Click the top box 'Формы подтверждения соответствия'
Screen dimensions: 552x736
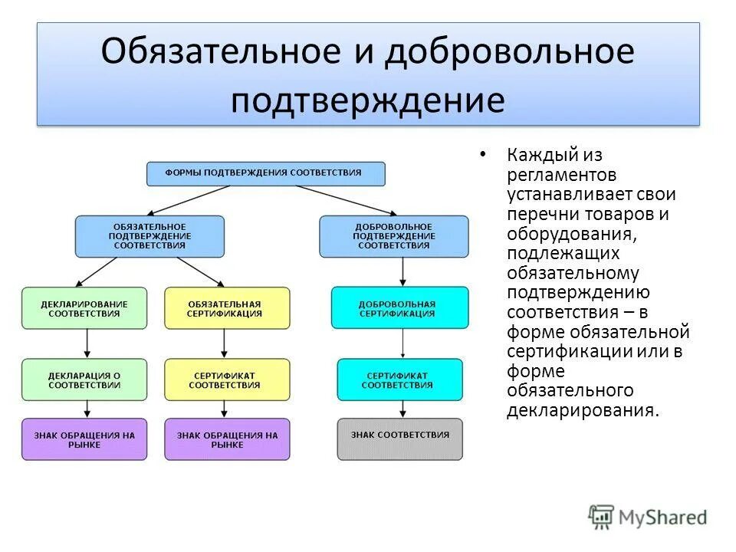pos(266,173)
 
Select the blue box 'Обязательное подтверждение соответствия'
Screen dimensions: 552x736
pos(149,236)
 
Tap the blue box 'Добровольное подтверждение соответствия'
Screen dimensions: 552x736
pos(393,236)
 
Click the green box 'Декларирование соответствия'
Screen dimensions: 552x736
pos(84,308)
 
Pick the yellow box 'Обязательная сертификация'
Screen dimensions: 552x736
pos(227,308)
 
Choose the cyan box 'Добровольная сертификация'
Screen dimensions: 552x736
pos(399,308)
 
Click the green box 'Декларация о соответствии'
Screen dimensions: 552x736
pos(84,380)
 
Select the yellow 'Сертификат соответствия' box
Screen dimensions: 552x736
pos(227,380)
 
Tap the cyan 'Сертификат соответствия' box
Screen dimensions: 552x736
pos(399,380)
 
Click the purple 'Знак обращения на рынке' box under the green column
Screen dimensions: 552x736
pos(84,439)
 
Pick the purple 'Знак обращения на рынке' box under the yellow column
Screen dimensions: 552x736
pos(227,439)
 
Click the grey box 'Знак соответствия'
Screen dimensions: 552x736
pos(399,439)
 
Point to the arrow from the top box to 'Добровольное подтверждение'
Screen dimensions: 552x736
pos(353,200)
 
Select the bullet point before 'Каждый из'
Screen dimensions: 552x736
pos(482,155)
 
